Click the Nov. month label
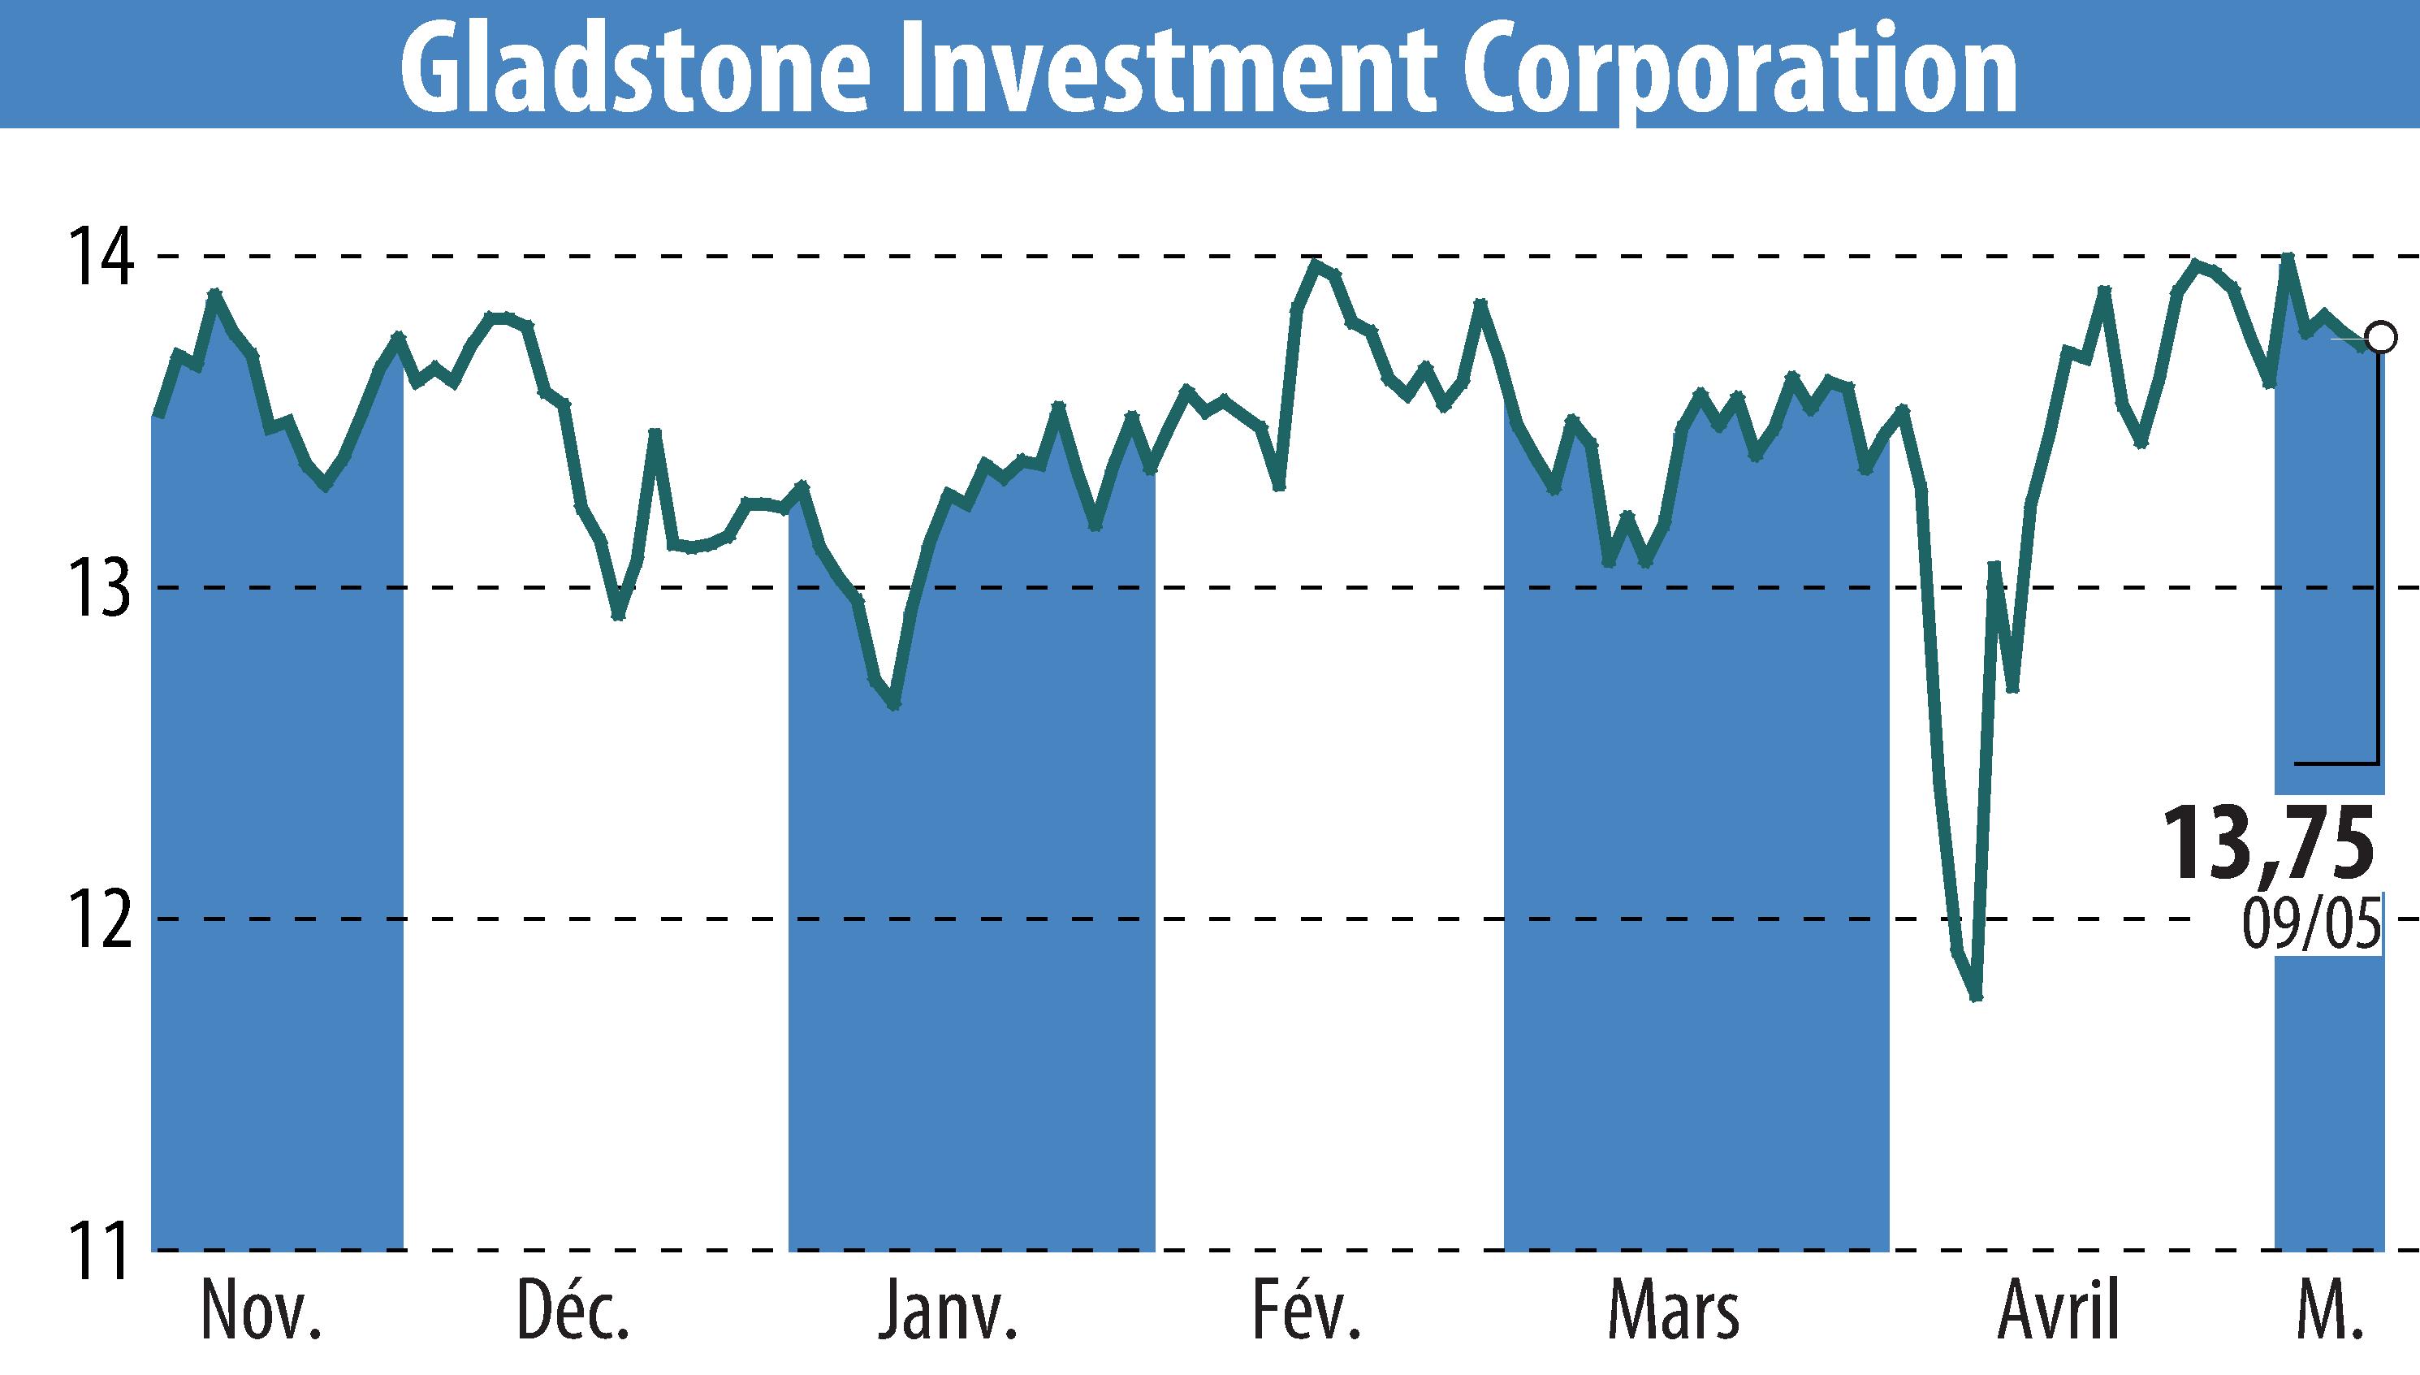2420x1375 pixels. tap(262, 1312)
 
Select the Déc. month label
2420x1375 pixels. tap(574, 1312)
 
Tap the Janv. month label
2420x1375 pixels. tap(948, 1312)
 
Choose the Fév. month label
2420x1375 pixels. tap(1307, 1312)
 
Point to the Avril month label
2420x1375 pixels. tap(2059, 1312)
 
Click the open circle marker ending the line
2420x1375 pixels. tap(2380, 336)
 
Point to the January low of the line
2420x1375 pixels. tap(894, 704)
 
